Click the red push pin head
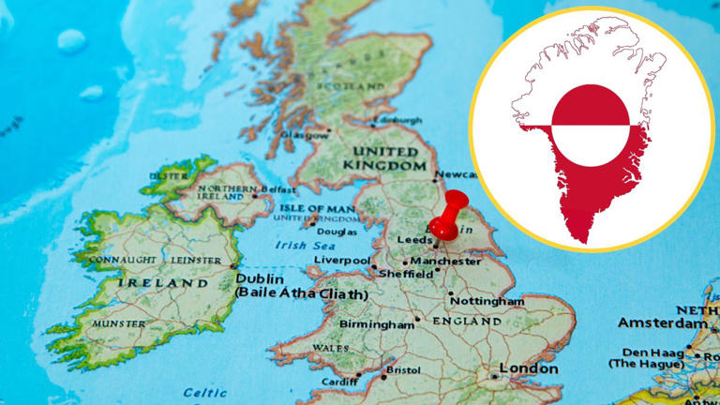(457, 204)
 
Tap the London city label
(529, 367)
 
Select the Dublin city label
(260, 278)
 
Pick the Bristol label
(402, 370)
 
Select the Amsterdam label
(663, 322)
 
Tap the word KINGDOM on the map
(385, 165)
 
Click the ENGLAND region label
(466, 321)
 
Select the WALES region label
(330, 348)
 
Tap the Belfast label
(278, 188)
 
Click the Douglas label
(337, 231)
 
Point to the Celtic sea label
(204, 393)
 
